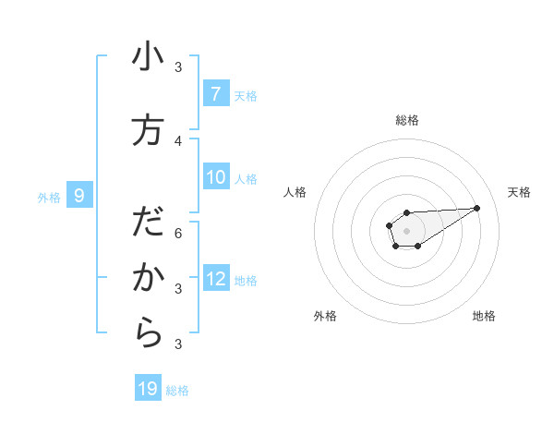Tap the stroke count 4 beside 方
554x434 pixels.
pyautogui.click(x=178, y=141)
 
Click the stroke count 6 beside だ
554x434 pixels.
pyautogui.click(x=178, y=233)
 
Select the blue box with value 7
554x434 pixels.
pyautogui.click(x=215, y=94)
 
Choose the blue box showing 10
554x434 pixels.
pyautogui.click(x=215, y=177)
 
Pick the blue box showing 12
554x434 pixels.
pyautogui.click(x=215, y=279)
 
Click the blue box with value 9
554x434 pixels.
pyautogui.click(x=79, y=196)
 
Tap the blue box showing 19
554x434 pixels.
pyautogui.click(x=148, y=389)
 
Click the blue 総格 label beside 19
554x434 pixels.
pyautogui.click(x=177, y=391)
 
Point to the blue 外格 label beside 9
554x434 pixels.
pyautogui.click(x=49, y=197)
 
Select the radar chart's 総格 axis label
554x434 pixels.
pyautogui.click(x=406, y=120)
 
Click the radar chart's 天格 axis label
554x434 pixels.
pyautogui.click(x=520, y=192)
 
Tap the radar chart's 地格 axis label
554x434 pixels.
pyautogui.click(x=484, y=316)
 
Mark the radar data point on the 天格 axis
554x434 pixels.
pyautogui.click(x=477, y=208)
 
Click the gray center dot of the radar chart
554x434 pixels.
pyautogui.click(x=406, y=229)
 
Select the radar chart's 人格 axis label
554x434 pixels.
pyautogui.click(x=295, y=192)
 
